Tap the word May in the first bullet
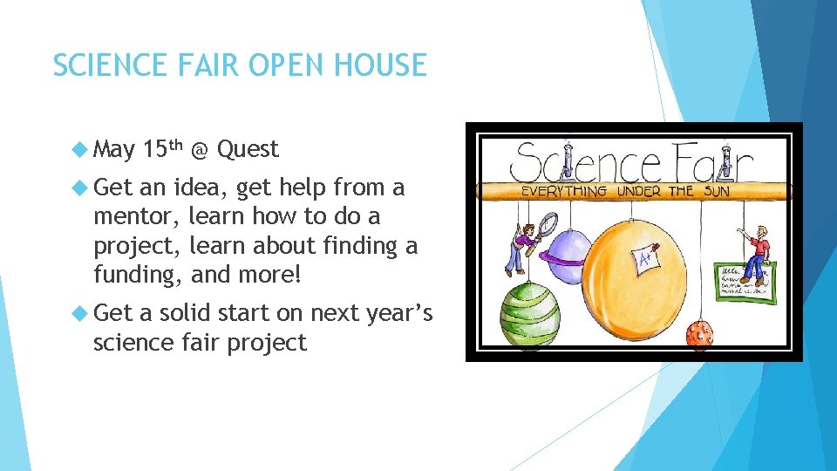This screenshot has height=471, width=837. coord(114,150)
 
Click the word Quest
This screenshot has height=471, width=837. coord(248,150)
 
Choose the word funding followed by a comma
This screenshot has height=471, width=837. coord(134,275)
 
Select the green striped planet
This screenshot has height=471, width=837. coord(529,312)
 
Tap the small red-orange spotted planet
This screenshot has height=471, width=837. coord(700,334)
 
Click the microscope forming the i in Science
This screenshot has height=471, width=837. coord(568,156)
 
